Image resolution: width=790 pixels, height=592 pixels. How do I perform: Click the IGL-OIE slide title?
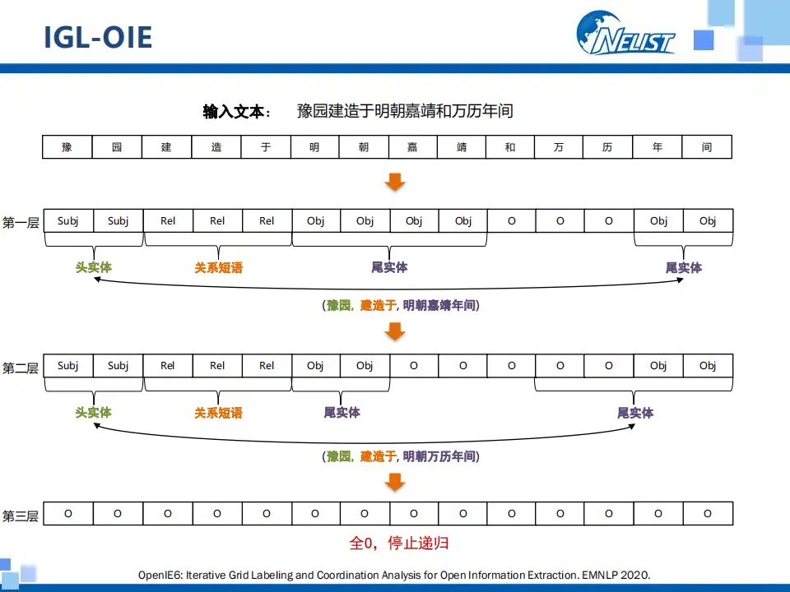tap(98, 38)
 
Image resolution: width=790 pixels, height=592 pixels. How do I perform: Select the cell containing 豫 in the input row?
tap(67, 147)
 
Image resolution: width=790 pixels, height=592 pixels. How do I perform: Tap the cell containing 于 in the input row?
tap(266, 147)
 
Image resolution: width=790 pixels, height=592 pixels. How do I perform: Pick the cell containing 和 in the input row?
tap(510, 147)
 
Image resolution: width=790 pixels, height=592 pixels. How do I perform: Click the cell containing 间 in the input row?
tap(707, 147)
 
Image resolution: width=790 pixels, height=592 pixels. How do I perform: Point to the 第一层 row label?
tap(21, 222)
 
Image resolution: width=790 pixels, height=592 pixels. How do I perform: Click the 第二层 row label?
tap(21, 368)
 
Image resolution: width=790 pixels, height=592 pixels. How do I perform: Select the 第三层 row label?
tap(21, 516)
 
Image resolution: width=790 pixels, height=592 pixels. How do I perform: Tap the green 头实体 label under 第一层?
tap(94, 267)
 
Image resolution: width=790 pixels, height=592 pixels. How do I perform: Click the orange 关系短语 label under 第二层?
tap(218, 412)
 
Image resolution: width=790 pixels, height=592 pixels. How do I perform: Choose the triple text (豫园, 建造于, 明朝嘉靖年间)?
tap(401, 305)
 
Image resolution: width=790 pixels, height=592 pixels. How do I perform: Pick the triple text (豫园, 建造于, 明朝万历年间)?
tap(401, 456)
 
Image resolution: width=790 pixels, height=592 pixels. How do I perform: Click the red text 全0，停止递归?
tap(399, 543)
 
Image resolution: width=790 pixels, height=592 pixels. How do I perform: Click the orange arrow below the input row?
tap(396, 182)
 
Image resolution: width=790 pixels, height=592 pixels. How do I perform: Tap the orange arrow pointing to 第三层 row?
tap(396, 482)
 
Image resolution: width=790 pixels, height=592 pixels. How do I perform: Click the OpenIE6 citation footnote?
tap(394, 575)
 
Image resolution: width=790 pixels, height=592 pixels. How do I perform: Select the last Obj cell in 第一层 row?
tap(708, 221)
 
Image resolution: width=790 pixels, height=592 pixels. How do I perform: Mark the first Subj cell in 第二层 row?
tap(68, 366)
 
